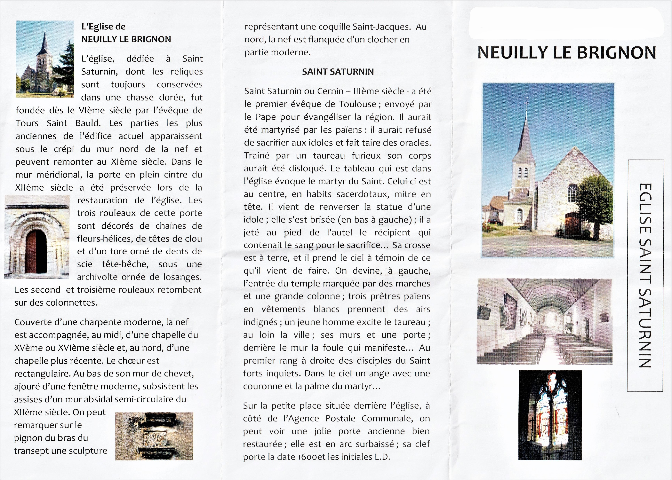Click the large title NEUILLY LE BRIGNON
tap(566, 53)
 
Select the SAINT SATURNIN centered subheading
tap(338, 72)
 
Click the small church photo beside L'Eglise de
tap(45, 59)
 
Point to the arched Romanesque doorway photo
tap(37, 237)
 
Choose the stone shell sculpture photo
tap(154, 436)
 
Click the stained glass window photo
tap(550, 415)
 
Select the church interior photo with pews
tap(544, 321)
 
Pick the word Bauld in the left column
tap(88, 123)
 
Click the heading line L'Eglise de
tap(103, 27)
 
